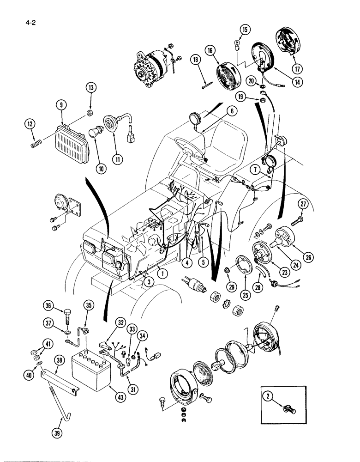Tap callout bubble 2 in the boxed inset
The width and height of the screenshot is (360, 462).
pos(267,395)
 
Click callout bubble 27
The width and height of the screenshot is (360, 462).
pos(302,204)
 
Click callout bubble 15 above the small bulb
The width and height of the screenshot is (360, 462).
pos(244,30)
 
